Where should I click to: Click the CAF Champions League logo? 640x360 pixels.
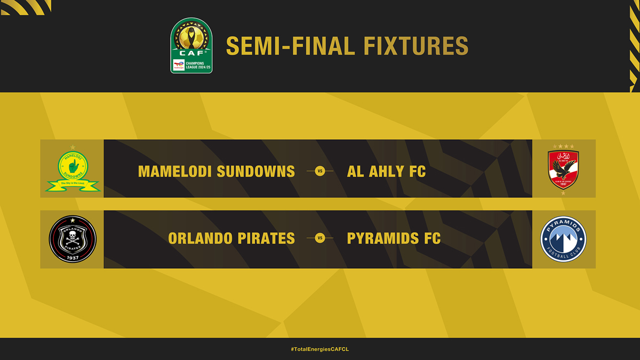[191, 45]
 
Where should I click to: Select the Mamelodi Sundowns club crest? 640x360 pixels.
[73, 169]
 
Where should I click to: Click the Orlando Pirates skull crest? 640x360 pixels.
[73, 239]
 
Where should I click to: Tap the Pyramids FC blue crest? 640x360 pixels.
[563, 239]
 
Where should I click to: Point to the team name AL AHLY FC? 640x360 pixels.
[386, 171]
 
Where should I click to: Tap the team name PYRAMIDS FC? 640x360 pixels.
[394, 238]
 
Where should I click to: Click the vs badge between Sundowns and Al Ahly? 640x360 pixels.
[320, 171]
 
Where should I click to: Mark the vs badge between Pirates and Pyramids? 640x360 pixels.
[320, 238]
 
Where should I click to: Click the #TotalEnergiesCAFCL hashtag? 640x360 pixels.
[320, 349]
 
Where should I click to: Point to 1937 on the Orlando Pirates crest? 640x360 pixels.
[73, 258]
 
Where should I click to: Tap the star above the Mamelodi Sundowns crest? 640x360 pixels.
[73, 147]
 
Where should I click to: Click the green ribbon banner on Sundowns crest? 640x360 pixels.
[73, 185]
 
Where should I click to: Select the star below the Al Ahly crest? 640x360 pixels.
[563, 193]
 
